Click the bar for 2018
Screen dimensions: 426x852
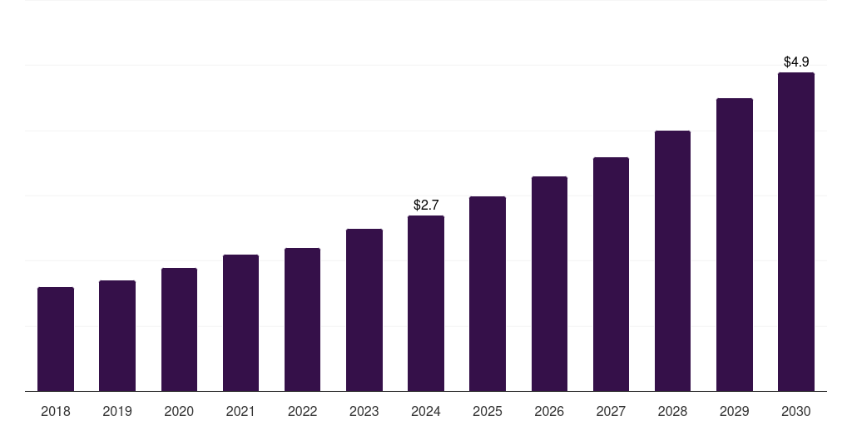coord(56,339)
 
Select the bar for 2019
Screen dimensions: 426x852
coord(117,336)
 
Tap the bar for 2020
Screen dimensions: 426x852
coord(179,329)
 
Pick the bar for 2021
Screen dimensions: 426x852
coord(240,323)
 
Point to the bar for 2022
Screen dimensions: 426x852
coord(302,319)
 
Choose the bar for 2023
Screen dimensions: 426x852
coord(364,310)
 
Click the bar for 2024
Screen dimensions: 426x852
coord(426,304)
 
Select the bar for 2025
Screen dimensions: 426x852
coord(488,294)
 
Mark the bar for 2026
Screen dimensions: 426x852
coord(549,284)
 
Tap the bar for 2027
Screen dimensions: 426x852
coord(611,275)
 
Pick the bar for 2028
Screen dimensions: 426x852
coord(672,261)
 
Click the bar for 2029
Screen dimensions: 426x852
coord(735,245)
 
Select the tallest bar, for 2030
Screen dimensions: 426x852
coord(796,232)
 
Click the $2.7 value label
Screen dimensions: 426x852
coord(426,205)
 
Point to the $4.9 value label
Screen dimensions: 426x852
coord(796,62)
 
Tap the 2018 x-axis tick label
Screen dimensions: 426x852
coord(56,411)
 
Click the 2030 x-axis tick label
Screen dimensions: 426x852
coord(796,411)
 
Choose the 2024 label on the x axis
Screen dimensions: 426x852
coord(426,411)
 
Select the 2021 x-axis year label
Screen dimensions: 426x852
coord(240,411)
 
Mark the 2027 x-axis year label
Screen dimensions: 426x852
coord(611,411)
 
